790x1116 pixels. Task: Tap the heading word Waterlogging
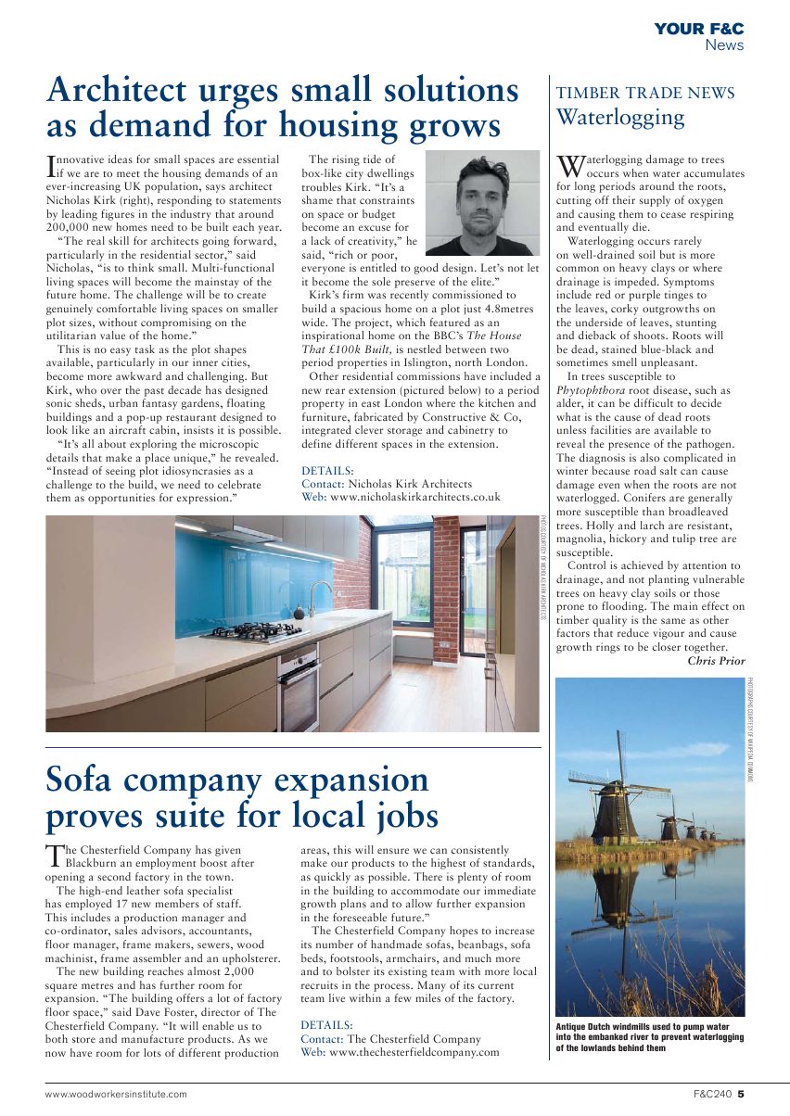pos(619,118)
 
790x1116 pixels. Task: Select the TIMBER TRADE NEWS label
pos(644,94)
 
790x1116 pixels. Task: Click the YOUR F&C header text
pos(698,30)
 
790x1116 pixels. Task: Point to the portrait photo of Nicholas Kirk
pos(483,201)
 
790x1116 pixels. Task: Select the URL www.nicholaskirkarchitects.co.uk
pos(414,497)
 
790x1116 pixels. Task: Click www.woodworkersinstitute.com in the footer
pos(116,1094)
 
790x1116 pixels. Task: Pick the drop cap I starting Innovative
pos(51,166)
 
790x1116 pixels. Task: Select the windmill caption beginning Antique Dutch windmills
pos(649,1037)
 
